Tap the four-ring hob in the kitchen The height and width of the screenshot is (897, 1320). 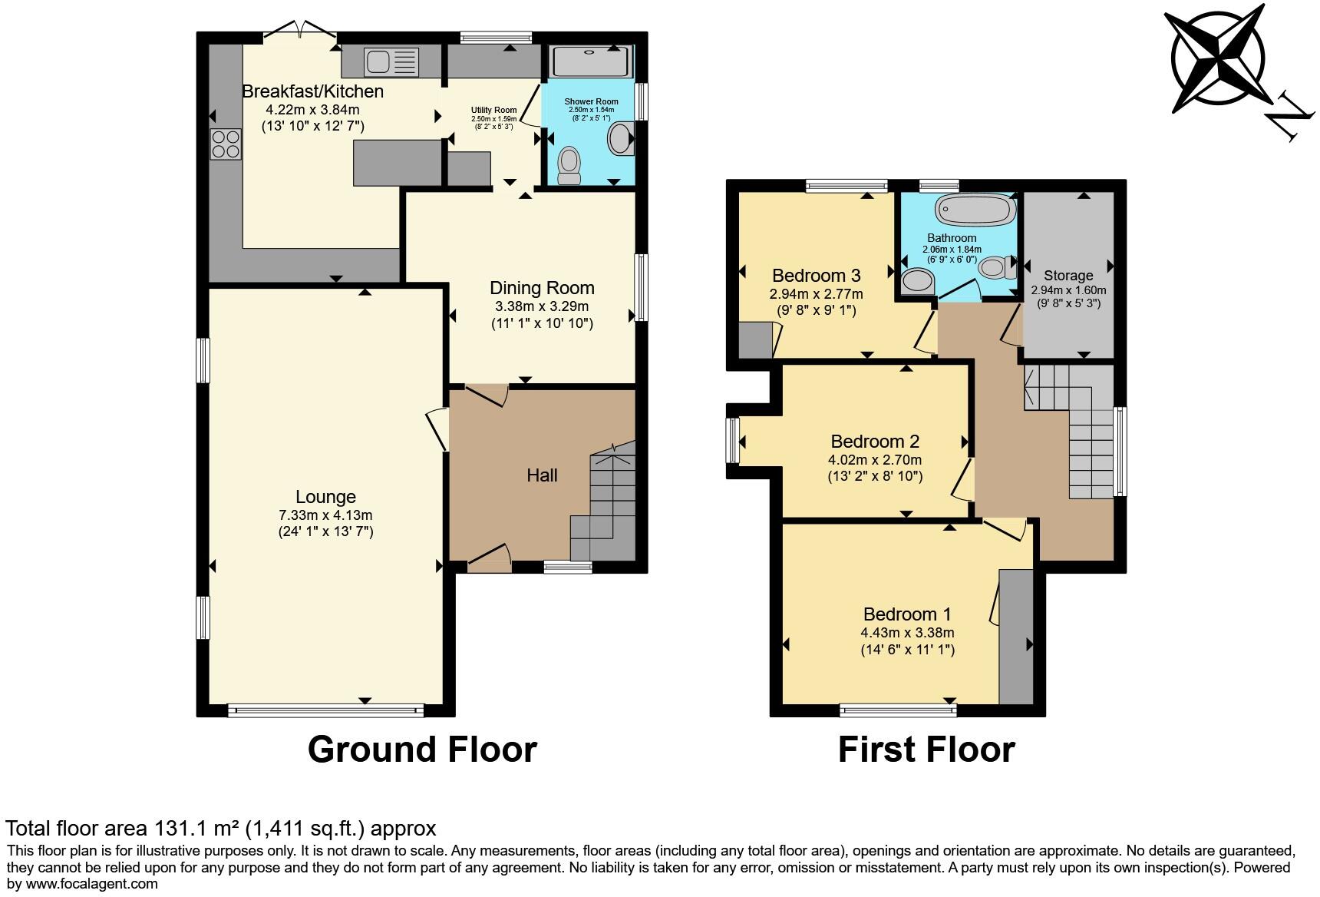coord(226,144)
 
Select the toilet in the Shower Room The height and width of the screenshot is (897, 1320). coord(569,165)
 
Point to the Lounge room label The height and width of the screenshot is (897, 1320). coord(325,497)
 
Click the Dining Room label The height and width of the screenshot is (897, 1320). coord(542,288)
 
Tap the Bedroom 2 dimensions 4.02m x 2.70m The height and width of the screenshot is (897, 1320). coord(874,460)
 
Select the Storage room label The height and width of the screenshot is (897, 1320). coord(1068,275)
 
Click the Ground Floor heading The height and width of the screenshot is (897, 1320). coord(422,749)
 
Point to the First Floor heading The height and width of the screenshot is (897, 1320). coord(926,749)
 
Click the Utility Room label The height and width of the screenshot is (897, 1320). coord(493,110)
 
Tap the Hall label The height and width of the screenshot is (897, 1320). coord(542,475)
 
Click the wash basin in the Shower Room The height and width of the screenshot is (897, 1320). coord(619,140)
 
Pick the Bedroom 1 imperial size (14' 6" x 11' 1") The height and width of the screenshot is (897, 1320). coord(907,650)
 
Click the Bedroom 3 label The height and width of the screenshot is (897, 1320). coord(816,275)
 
